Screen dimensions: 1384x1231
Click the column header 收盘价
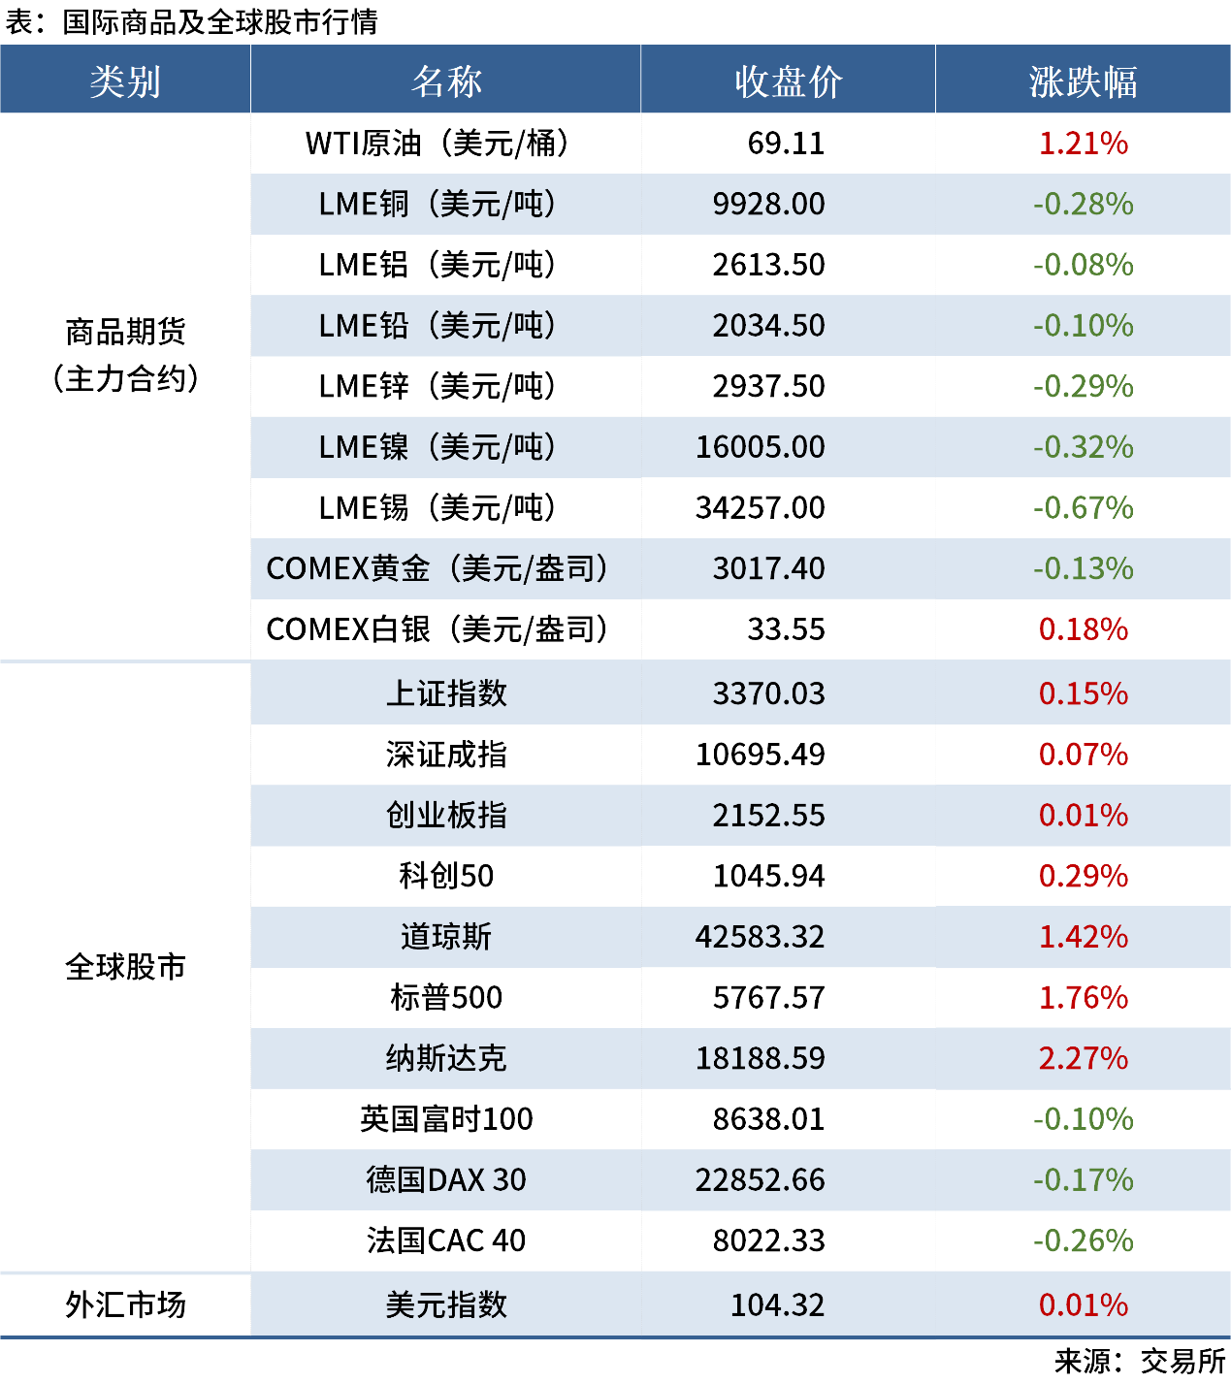(x=788, y=81)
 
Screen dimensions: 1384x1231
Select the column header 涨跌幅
(x=1083, y=81)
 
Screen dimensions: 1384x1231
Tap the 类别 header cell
(x=125, y=81)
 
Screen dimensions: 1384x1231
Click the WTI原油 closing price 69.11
(x=786, y=144)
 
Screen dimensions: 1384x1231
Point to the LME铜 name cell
(x=437, y=205)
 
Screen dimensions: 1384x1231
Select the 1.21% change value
(x=1083, y=144)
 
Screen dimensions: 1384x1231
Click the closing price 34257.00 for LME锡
(x=760, y=508)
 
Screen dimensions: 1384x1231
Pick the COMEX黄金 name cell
(x=437, y=569)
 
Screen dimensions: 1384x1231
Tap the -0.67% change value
(x=1083, y=508)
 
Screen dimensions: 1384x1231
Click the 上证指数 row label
(x=446, y=693)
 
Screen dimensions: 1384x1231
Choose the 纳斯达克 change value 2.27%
(x=1083, y=1058)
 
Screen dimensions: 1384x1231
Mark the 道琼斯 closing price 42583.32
(x=760, y=937)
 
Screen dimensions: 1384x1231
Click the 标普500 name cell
(x=446, y=997)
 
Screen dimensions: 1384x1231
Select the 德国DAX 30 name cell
(x=446, y=1179)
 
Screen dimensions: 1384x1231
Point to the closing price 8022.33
(x=768, y=1240)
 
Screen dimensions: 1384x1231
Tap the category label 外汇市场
(x=125, y=1304)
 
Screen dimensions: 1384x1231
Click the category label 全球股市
(x=125, y=967)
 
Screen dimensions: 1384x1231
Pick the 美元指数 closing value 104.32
(x=777, y=1304)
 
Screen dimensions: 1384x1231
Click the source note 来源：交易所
(x=1140, y=1362)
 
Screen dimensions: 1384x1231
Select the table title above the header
(x=191, y=21)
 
